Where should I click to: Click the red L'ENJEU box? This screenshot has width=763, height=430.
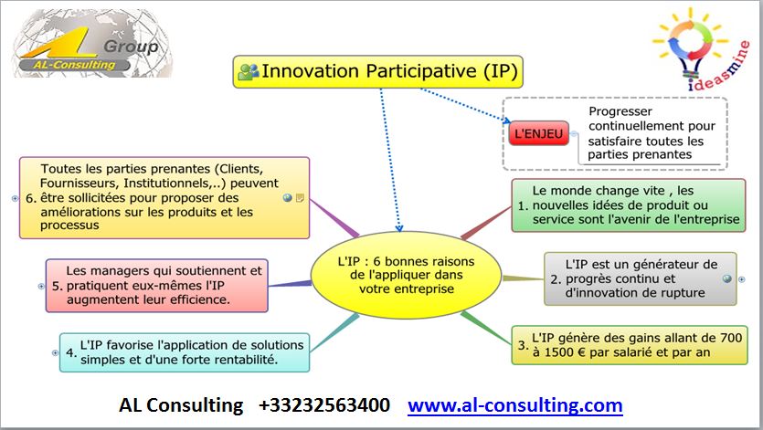[x=539, y=133]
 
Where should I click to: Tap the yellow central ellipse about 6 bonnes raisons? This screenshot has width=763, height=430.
[x=406, y=275]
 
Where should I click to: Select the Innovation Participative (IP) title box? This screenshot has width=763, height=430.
[x=377, y=71]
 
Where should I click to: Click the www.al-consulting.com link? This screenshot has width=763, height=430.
[x=515, y=405]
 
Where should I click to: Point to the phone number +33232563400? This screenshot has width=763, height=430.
[x=324, y=405]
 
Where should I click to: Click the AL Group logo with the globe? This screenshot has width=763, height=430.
[x=92, y=44]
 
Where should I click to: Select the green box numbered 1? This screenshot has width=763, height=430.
[x=628, y=205]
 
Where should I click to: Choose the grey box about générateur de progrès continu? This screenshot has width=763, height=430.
[x=640, y=278]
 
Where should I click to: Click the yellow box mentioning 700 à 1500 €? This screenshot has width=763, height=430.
[x=630, y=345]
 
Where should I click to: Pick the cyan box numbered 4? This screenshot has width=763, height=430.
[x=185, y=352]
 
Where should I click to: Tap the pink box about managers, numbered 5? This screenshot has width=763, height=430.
[x=156, y=286]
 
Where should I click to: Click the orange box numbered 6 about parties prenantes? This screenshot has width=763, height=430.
[x=164, y=197]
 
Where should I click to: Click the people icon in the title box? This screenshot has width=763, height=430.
[x=249, y=71]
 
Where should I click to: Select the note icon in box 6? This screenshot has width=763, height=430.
[x=300, y=197]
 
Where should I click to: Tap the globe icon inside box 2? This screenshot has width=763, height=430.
[x=727, y=278]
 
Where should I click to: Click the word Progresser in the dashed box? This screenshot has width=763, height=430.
[x=620, y=111]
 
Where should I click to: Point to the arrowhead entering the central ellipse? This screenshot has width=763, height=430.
[x=399, y=228]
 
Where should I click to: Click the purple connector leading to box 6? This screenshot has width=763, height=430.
[x=334, y=217]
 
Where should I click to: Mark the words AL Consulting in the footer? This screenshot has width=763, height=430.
[x=181, y=405]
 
